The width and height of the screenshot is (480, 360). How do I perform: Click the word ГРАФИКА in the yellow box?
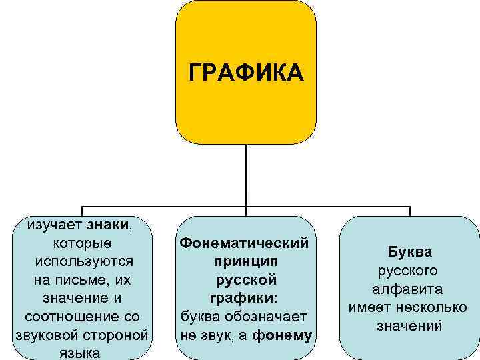point(246,71)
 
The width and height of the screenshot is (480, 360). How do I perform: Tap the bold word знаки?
point(109,224)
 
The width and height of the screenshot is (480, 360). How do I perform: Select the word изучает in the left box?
point(55,224)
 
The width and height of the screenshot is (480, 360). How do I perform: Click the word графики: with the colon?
point(246,295)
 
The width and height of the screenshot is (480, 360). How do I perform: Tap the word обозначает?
point(272,314)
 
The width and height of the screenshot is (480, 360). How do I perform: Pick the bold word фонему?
point(283,333)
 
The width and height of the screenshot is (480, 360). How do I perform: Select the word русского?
point(409,271)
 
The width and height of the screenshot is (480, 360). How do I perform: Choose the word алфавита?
point(409,289)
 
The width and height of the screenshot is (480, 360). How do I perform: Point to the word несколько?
point(434,307)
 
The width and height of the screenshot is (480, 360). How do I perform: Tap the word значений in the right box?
point(409,326)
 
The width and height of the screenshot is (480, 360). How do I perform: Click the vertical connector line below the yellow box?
point(246,170)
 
